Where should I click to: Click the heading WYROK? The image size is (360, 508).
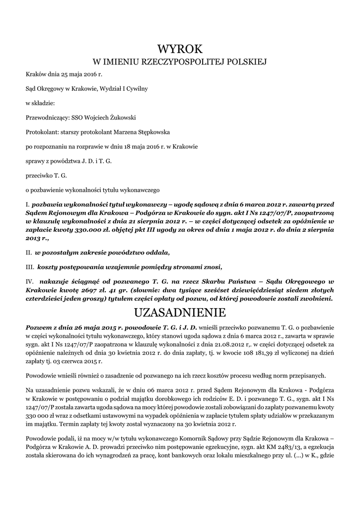click(180, 49)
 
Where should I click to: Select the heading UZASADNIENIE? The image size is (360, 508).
click(180, 313)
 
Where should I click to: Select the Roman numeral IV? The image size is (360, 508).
click(29, 281)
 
